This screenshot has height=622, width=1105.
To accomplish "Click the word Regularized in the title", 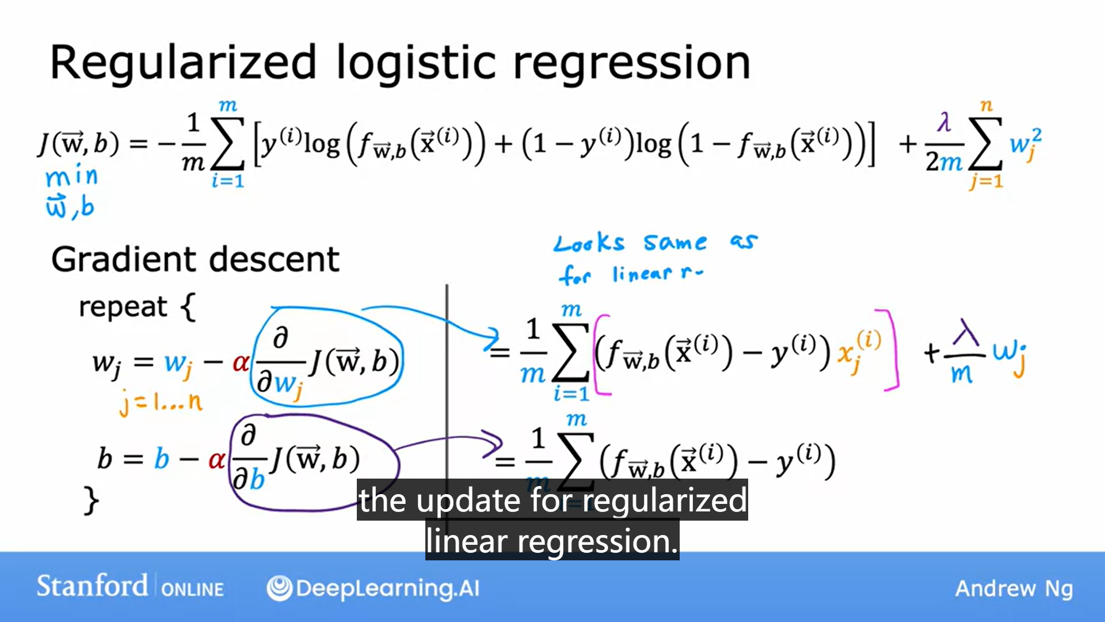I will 183,62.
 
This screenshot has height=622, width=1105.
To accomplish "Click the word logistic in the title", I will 416,62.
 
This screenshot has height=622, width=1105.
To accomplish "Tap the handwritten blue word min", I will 72,176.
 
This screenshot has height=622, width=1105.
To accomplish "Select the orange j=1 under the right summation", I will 986,181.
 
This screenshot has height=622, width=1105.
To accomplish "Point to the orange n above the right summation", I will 986,105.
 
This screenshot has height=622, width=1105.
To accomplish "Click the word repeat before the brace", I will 123,306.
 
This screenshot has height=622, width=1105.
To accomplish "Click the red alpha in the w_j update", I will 241,363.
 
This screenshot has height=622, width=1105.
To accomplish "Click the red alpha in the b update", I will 216,460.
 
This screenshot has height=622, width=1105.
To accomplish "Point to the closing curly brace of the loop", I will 91,500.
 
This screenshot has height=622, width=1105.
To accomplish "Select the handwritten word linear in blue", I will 642,274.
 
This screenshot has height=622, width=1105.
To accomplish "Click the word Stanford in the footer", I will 92,586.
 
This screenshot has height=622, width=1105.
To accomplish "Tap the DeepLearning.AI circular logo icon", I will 280,588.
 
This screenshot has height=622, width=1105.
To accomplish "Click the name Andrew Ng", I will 1014,589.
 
